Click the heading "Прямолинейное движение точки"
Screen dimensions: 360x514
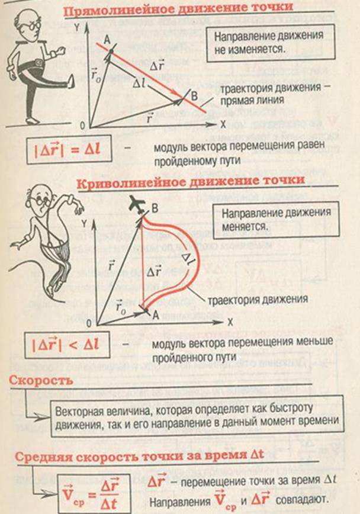tap(178, 9)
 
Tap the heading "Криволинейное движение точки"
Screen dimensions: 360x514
tap(191, 182)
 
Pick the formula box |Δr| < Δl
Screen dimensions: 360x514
tap(67, 345)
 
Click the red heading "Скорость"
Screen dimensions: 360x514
tap(41, 380)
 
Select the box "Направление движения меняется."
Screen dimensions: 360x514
tap(276, 219)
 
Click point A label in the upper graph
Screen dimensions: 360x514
tap(107, 40)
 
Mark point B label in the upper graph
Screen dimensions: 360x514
tap(194, 96)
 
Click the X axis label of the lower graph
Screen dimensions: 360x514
tap(230, 322)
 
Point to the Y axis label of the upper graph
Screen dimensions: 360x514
tap(77, 27)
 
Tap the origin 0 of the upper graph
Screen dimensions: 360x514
tap(82, 125)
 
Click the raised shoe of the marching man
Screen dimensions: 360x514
tap(70, 81)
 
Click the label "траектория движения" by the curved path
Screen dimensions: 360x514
tap(258, 300)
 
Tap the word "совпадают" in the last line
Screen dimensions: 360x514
tap(301, 500)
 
